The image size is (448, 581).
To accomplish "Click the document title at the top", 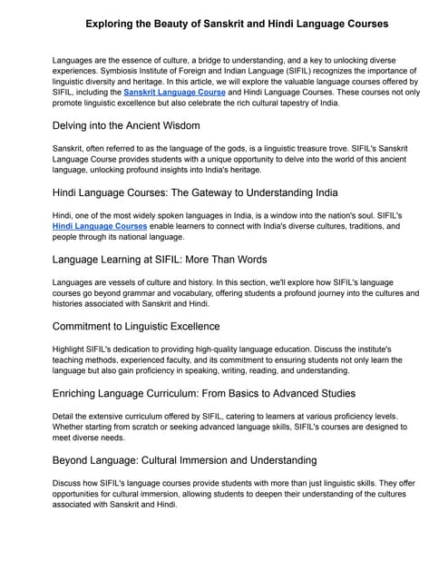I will pos(224,21).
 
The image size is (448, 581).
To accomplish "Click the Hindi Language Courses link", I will pos(98,225).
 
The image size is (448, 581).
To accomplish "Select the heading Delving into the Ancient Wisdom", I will pos(127,124).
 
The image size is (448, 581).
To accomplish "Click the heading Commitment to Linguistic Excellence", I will pos(136,326).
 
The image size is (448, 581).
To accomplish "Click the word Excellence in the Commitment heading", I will pos(188,326).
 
